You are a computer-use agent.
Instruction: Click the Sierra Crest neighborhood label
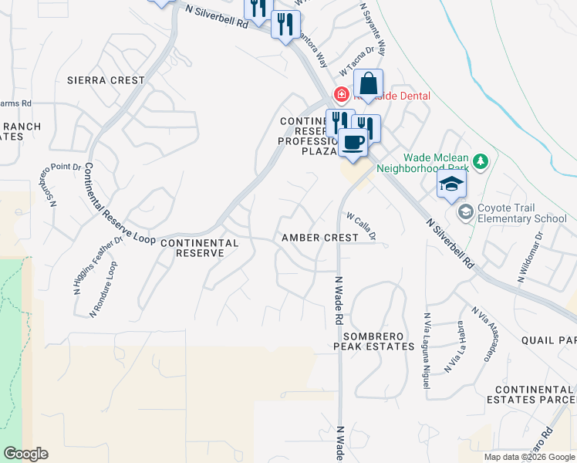click(106, 80)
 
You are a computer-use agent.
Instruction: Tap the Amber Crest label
click(319, 238)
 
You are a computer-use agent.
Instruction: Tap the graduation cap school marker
click(451, 184)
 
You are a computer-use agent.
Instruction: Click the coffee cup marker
click(353, 143)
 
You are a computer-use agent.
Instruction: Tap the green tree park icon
click(481, 161)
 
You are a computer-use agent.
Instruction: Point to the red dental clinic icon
click(340, 95)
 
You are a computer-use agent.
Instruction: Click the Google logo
click(25, 454)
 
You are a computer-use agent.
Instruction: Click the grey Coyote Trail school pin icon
click(465, 211)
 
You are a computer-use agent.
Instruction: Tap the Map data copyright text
click(529, 457)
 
